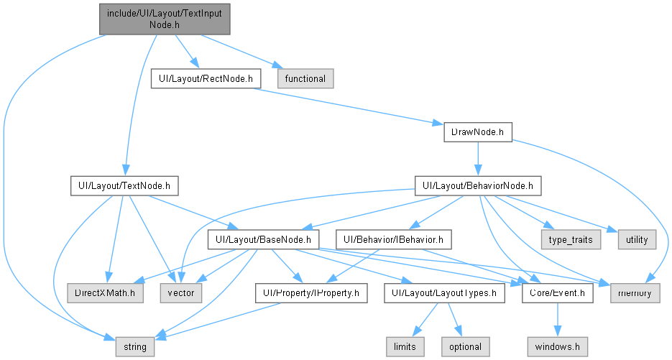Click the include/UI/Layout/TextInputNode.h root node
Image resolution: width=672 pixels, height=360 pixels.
tap(165, 19)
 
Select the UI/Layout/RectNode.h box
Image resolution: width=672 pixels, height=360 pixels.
tap(206, 79)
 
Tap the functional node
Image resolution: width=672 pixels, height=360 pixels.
tap(305, 79)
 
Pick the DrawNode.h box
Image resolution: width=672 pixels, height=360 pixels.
tap(478, 132)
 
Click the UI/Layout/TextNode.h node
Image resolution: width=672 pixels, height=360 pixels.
tap(124, 186)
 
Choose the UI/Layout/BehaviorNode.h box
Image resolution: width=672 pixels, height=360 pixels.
tap(478, 186)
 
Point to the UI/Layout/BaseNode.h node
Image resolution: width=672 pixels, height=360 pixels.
tap(263, 239)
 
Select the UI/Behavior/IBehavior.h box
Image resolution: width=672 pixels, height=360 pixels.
tap(393, 239)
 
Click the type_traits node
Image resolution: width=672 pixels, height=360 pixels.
tap(571, 239)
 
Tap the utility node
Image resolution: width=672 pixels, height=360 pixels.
tap(637, 239)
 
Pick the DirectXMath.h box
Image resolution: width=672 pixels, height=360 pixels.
tap(105, 293)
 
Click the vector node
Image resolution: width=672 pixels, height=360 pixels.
tap(181, 293)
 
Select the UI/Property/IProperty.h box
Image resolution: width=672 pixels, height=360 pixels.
tap(311, 293)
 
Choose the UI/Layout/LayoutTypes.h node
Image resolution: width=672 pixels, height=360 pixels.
tap(444, 293)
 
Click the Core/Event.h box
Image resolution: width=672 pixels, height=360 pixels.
tap(558, 293)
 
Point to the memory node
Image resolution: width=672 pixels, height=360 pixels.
tap(635, 293)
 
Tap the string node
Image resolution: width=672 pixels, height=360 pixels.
tap(135, 347)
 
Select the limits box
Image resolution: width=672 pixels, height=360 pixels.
tap(405, 347)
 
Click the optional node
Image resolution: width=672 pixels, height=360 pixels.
tap(466, 347)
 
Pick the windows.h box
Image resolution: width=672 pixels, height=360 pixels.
tap(558, 347)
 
